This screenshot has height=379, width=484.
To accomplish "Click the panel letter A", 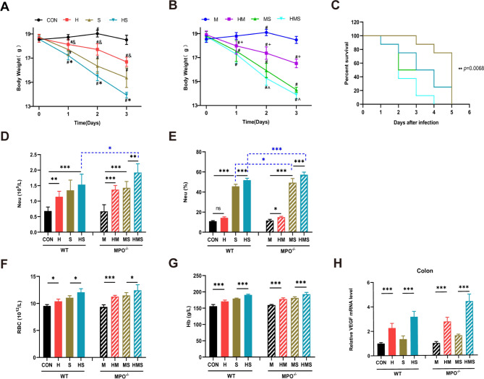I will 7,7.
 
